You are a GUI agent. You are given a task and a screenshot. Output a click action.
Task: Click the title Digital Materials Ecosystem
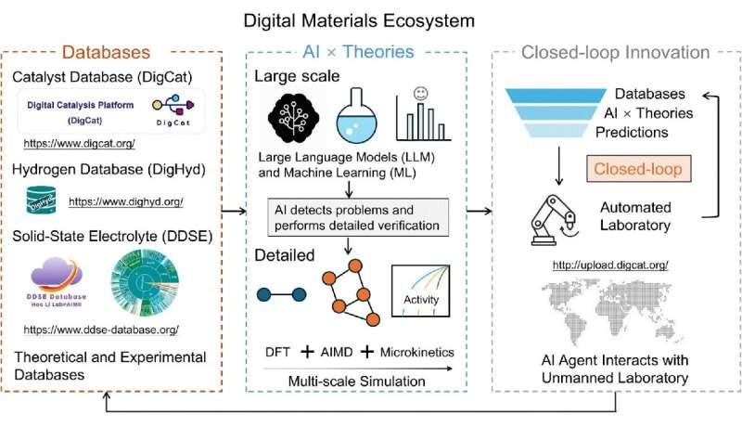pos(371,19)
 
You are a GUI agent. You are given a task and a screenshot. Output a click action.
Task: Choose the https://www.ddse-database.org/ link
pos(101,329)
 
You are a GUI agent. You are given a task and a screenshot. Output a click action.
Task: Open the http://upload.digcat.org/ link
pos(610,266)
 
